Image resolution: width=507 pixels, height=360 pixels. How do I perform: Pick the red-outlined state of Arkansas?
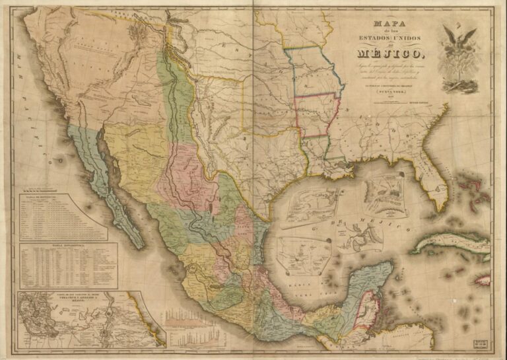(316, 116)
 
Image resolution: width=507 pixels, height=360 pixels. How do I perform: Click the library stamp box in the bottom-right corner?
(481, 343)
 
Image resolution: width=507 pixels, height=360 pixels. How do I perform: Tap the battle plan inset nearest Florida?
(384, 192)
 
